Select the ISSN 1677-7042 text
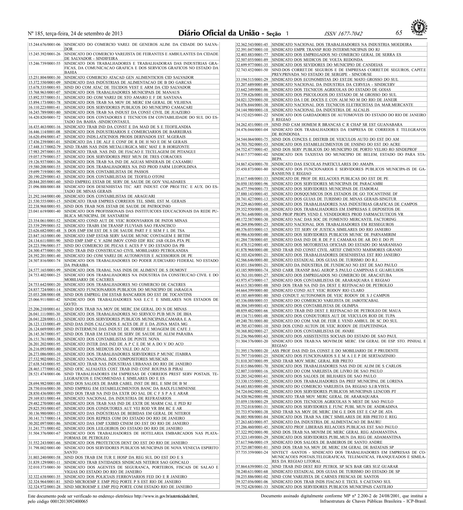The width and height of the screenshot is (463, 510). pyautogui.click(x=343, y=34)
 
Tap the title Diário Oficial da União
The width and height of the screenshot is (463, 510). pyautogui.click(x=219, y=33)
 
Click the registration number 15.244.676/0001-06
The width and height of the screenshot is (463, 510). pyautogui.click(x=45, y=44)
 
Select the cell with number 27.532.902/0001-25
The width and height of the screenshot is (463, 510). pyautogui.click(x=45, y=359)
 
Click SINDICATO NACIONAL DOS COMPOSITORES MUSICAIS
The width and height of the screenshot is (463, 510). pyautogui.click(x=116, y=359)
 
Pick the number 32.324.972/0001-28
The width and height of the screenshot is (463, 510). pyautogui.click(x=45, y=487)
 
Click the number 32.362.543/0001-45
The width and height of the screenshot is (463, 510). pyautogui.click(x=252, y=44)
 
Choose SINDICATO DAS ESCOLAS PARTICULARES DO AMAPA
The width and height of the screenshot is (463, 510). pyautogui.click(x=322, y=164)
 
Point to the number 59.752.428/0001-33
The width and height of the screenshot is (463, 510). pyautogui.click(x=252, y=487)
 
